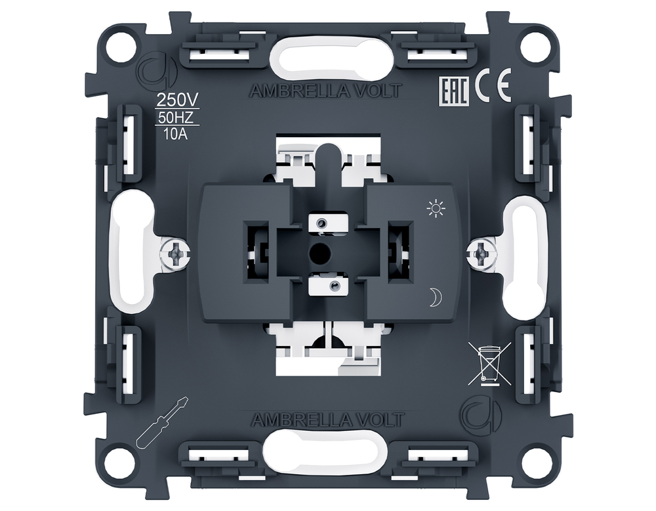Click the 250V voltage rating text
pos(176,100)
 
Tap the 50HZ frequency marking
pos(176,118)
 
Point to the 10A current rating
pos(176,135)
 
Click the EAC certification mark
pos(455,90)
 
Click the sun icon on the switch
pos(436,208)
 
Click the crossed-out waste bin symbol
pos(489,363)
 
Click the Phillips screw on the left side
pos(175,254)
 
